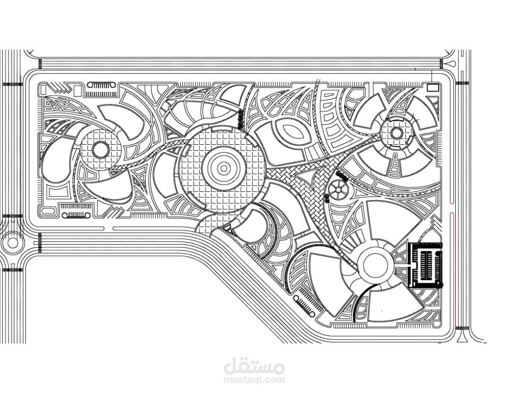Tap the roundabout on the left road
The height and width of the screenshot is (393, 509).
point(12,243)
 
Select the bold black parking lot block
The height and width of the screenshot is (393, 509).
point(425,265)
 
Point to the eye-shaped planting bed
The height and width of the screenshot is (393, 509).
point(292,132)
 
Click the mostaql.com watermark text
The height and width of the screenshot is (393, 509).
point(254,379)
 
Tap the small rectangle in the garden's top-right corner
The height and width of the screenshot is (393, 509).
point(432,87)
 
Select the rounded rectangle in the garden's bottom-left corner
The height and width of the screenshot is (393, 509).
point(49,211)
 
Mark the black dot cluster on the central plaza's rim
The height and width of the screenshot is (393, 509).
point(240,119)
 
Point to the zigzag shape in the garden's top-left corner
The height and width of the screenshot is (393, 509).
point(57,88)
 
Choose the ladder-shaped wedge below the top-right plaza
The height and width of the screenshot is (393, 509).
point(395,165)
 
